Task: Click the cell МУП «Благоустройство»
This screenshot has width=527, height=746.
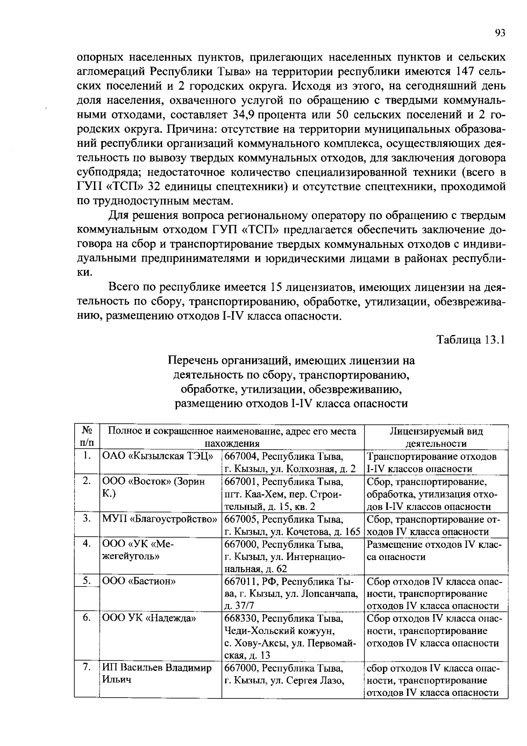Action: click(160, 519)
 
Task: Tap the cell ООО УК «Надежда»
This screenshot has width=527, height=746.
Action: click(149, 618)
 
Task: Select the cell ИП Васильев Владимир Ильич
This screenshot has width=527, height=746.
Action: click(156, 673)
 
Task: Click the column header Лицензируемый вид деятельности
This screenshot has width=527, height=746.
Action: click(436, 437)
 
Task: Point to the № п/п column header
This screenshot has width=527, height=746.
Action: click(87, 437)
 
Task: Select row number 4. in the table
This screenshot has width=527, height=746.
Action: click(87, 544)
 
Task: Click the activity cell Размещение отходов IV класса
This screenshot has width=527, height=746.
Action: click(434, 550)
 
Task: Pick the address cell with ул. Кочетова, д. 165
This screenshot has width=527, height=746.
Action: click(292, 526)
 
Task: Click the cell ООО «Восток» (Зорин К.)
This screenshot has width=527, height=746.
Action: click(153, 487)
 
